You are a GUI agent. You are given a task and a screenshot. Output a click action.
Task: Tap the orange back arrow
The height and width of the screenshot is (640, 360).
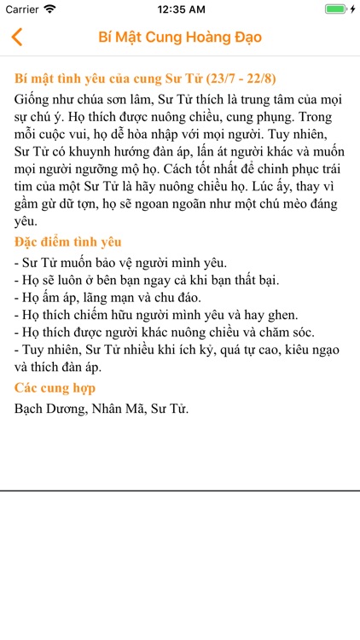(x=16, y=38)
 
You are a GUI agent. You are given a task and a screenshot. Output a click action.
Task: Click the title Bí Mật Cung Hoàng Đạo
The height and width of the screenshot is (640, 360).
(x=180, y=38)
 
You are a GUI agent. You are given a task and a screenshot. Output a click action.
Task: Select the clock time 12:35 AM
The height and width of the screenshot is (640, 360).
(x=180, y=9)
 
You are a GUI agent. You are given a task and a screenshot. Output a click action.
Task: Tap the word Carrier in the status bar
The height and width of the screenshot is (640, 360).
(x=21, y=9)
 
